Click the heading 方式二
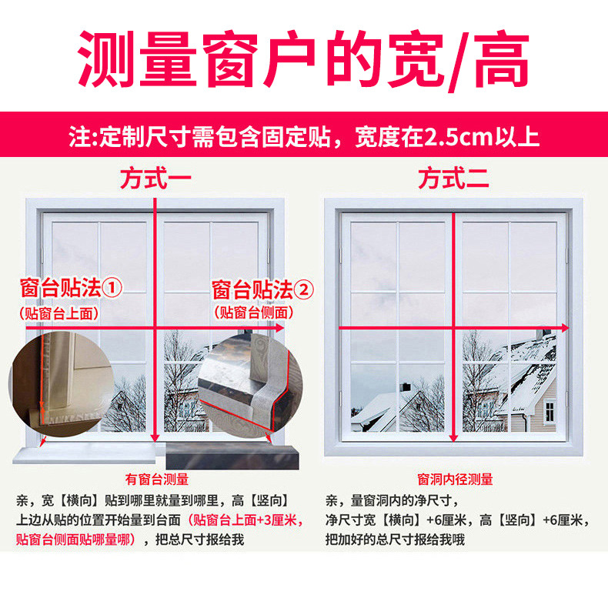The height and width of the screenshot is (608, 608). (x=454, y=179)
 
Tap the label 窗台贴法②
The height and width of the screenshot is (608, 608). (x=264, y=290)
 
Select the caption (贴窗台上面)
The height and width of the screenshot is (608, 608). (x=59, y=312)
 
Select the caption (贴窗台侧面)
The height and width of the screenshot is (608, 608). (x=253, y=312)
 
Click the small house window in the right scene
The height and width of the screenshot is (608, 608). (x=550, y=412)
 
